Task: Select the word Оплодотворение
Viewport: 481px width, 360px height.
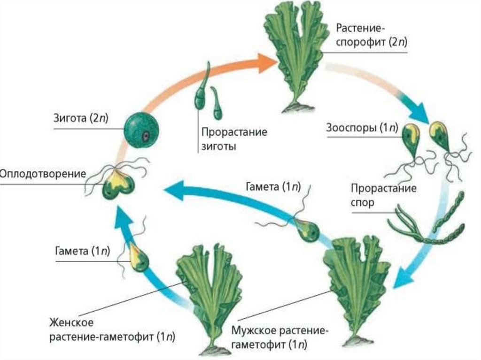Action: [x=43, y=174]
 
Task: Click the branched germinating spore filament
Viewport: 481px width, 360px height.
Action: [x=409, y=225]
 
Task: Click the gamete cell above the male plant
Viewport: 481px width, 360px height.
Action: [x=308, y=230]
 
